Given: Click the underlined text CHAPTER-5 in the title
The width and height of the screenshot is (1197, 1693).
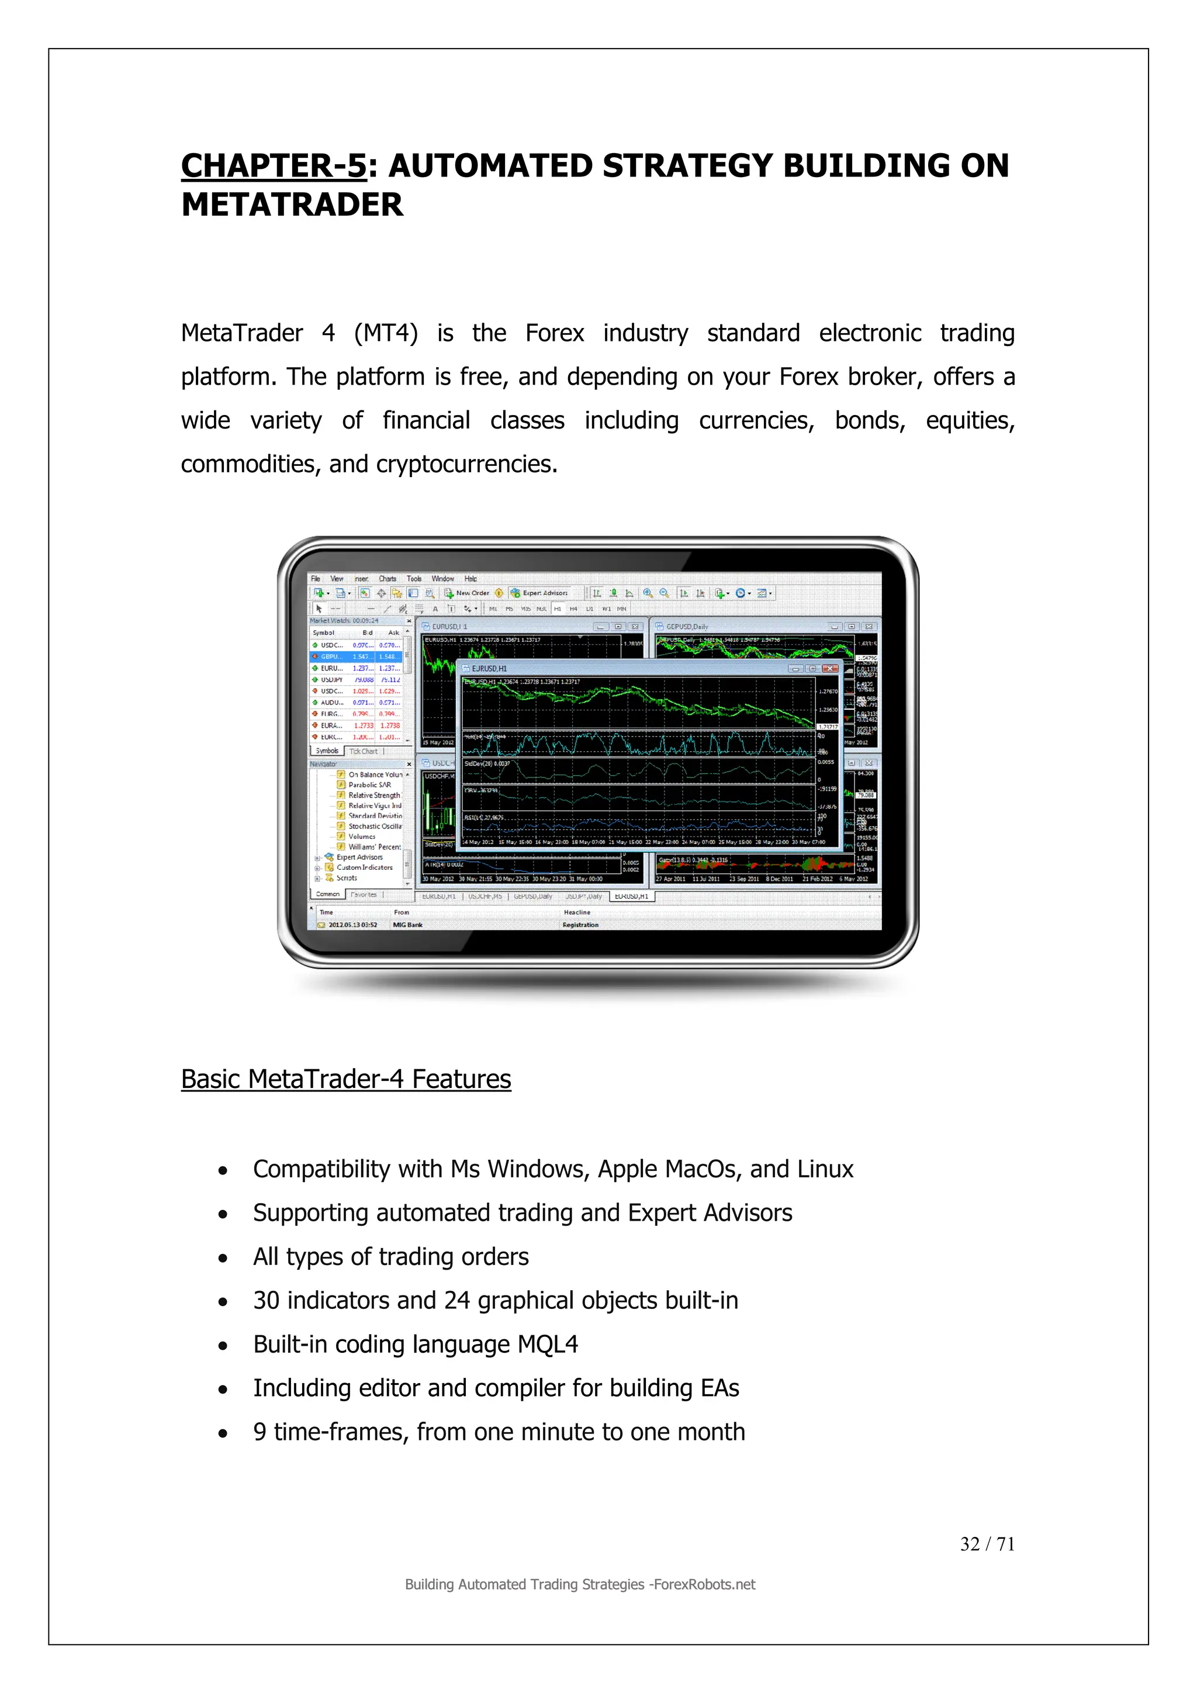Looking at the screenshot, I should pyautogui.click(x=274, y=166).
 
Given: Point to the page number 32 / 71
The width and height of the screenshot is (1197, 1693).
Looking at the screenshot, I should pyautogui.click(x=987, y=1543).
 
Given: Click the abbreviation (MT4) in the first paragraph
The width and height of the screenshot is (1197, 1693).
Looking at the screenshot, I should pyautogui.click(x=386, y=333).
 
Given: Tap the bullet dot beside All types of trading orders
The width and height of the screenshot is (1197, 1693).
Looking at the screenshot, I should pyautogui.click(x=223, y=1259).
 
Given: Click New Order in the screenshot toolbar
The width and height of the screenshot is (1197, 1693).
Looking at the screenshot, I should pyautogui.click(x=472, y=593).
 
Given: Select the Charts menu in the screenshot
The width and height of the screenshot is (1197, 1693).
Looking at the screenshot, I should pyautogui.click(x=387, y=579).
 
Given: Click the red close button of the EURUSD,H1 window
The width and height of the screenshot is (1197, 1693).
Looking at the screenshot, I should pyautogui.click(x=830, y=669).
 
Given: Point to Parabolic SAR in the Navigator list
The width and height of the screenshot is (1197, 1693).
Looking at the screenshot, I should pyautogui.click(x=369, y=785).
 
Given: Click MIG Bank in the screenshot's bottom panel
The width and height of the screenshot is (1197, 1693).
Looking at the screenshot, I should pyautogui.click(x=407, y=925).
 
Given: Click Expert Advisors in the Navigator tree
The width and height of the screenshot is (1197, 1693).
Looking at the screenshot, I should pyautogui.click(x=359, y=857).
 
